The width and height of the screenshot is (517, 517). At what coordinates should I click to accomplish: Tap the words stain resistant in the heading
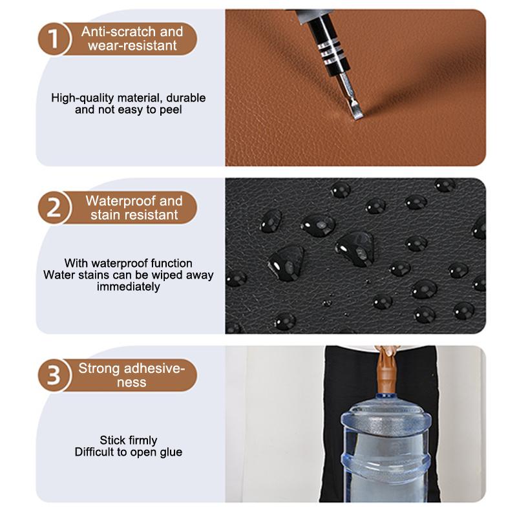134,215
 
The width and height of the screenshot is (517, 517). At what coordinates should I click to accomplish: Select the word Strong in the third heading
98,368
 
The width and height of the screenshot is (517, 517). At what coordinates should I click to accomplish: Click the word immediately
129,286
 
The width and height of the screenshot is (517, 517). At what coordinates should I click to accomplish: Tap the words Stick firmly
129,440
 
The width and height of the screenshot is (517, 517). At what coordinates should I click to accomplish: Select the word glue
169,452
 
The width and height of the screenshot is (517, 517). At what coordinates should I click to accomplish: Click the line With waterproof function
129,264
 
